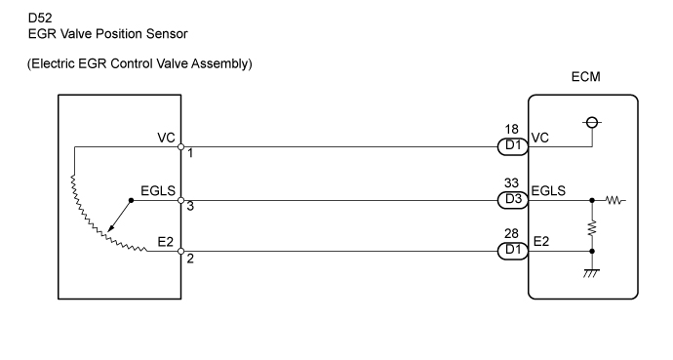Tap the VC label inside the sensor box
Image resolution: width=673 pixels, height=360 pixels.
pyautogui.click(x=165, y=139)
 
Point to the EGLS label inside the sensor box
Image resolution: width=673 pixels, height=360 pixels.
pyautogui.click(x=158, y=191)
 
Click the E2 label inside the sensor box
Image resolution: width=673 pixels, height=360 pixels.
pyautogui.click(x=165, y=244)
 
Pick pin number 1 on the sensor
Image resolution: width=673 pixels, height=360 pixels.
pyautogui.click(x=191, y=154)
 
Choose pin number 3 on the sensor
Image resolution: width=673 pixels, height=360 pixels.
pyautogui.click(x=191, y=207)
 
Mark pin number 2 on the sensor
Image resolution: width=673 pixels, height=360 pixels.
pyautogui.click(x=191, y=260)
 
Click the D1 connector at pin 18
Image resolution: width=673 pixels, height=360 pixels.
pyautogui.click(x=510, y=146)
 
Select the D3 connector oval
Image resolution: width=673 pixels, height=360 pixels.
pyautogui.click(x=510, y=199)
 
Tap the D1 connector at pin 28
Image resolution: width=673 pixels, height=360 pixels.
pyautogui.click(x=510, y=252)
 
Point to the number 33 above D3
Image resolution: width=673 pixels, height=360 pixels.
pyautogui.click(x=511, y=181)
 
